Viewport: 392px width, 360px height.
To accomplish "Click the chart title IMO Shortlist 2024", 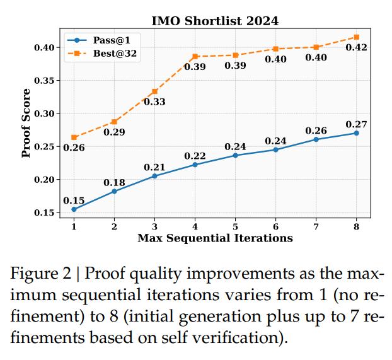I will coord(215,21).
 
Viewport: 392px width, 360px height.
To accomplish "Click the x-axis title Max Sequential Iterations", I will coord(215,238).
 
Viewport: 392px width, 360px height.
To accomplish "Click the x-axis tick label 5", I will coord(235,226).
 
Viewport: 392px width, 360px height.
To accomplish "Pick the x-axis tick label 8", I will coord(356,226).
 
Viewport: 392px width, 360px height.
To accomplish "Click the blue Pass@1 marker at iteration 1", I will coord(74,209).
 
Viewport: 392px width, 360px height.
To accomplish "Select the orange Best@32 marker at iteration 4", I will coord(195,57).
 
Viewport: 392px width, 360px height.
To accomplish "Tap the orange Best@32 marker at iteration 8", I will coord(356,37).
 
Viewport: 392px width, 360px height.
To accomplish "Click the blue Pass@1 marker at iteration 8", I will coord(356,133).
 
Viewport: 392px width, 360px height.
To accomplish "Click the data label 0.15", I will coord(74,200).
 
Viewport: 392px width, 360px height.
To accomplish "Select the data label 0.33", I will coord(154,102).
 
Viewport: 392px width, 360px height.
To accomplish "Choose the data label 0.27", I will coord(356,124).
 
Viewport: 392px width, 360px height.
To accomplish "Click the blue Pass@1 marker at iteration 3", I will coord(155,176).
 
